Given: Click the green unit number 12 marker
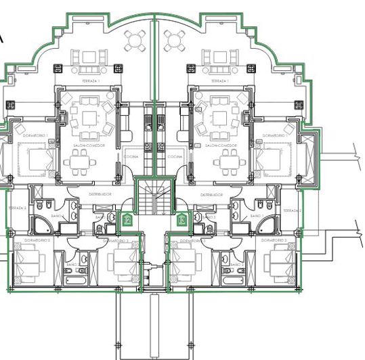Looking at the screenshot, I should [x=126, y=219].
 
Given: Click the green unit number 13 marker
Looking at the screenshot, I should [x=181, y=219].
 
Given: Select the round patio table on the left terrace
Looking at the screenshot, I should [x=135, y=42].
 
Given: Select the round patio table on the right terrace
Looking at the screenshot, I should [x=173, y=42].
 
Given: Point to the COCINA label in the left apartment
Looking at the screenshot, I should [x=131, y=156].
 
